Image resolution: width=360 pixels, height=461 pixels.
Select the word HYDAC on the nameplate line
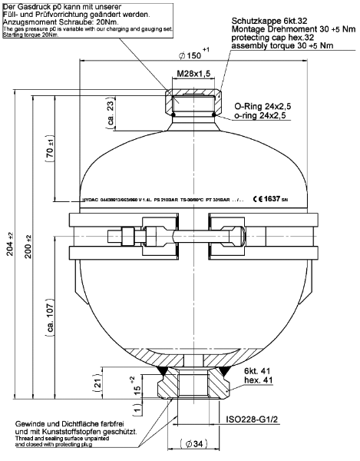tap(91, 198)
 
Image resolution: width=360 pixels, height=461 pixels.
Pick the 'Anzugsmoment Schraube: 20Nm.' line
tap(47, 21)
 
